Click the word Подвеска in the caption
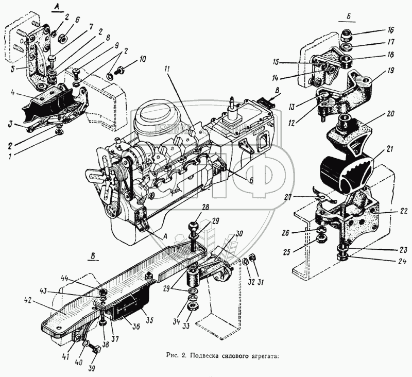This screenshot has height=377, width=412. (208, 355)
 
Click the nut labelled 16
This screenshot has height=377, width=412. (348, 36)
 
